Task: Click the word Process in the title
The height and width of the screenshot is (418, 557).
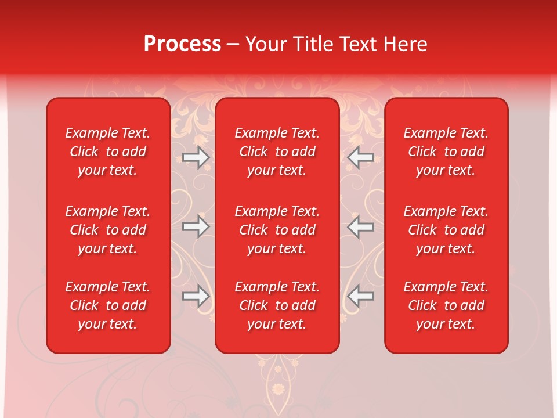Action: click(182, 44)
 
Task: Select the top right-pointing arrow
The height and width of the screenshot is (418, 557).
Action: click(196, 157)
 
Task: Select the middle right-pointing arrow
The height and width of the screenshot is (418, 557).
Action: click(196, 226)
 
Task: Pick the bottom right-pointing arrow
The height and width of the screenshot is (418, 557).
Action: click(196, 296)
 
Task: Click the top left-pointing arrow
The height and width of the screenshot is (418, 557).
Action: click(361, 157)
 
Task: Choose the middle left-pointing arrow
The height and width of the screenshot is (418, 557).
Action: click(361, 226)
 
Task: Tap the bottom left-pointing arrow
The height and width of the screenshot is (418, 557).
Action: click(361, 296)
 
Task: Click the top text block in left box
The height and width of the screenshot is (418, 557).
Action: click(108, 152)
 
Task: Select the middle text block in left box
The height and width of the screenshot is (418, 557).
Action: click(108, 230)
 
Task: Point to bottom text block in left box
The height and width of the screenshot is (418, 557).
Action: click(108, 305)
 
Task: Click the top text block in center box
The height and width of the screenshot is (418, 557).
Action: click(277, 152)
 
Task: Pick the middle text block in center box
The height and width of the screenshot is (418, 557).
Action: click(277, 230)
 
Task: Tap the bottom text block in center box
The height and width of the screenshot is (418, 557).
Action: click(277, 305)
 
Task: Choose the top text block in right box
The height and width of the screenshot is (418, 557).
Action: click(446, 152)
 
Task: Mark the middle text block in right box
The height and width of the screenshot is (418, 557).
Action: click(446, 230)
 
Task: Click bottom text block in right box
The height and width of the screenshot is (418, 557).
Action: click(446, 305)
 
